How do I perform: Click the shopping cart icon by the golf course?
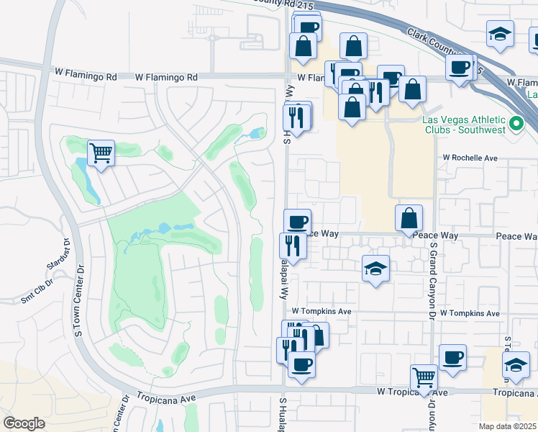pos(101,153)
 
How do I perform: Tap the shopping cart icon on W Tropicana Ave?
pos(424,377)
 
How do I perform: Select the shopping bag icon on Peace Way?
pos(409,217)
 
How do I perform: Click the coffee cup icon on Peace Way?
pos(297,221)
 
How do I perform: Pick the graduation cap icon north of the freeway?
pos(499,35)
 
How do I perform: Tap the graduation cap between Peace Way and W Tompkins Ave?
pos(375,268)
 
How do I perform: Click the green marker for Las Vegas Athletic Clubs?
pos(516,125)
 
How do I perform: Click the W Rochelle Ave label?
pos(470,158)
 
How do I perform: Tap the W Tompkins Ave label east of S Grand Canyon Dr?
pos(470,314)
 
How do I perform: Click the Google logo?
pos(24,423)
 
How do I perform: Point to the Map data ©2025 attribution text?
pos(508,426)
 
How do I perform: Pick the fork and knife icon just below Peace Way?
pos(293,246)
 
